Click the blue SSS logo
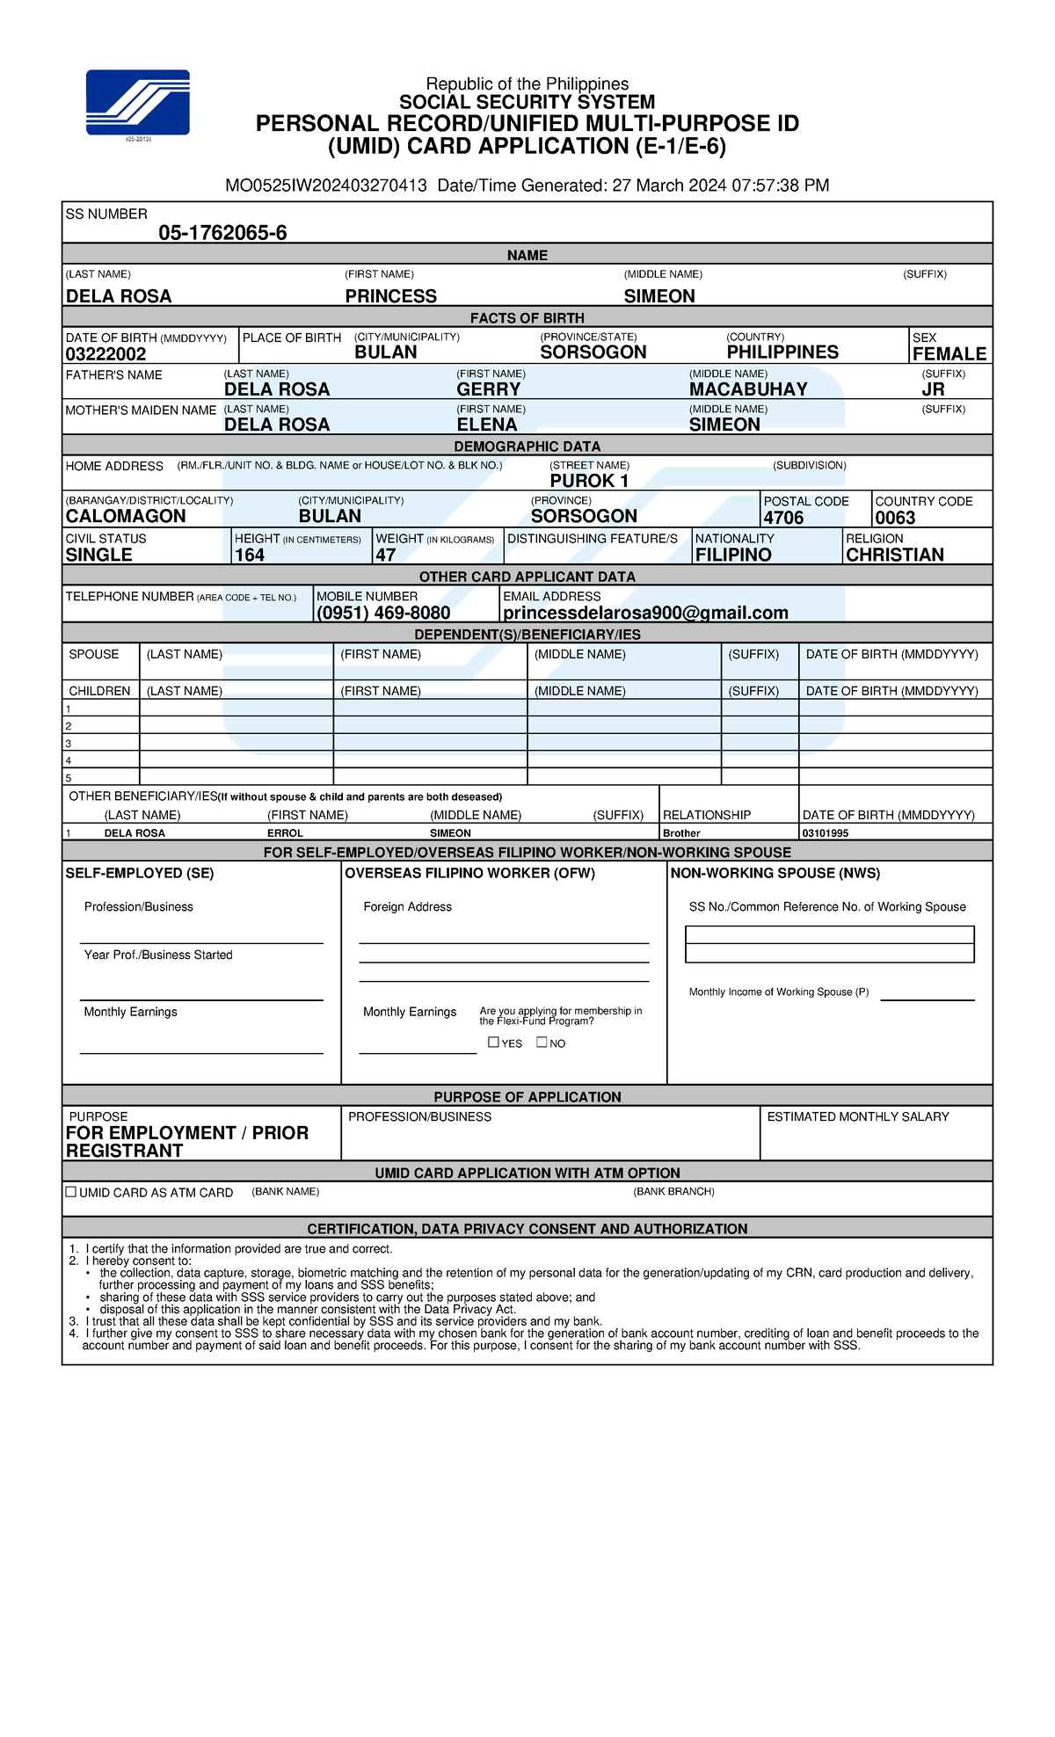(x=137, y=102)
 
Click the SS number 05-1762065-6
(x=222, y=233)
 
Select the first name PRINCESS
(x=390, y=296)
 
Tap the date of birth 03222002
(x=105, y=354)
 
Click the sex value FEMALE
(x=949, y=354)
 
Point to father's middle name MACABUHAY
(x=748, y=389)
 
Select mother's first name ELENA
(x=487, y=425)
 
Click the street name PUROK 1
(x=589, y=481)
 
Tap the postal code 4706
(x=783, y=518)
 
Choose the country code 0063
(x=895, y=518)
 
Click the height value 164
(x=250, y=555)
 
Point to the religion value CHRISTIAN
(x=894, y=555)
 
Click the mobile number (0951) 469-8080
(x=383, y=613)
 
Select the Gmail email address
(x=645, y=613)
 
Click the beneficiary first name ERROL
(x=285, y=833)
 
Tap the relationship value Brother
(x=681, y=833)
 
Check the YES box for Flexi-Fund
(x=494, y=1043)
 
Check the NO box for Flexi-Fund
(x=542, y=1043)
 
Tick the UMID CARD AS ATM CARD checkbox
(x=71, y=1192)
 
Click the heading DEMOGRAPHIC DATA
(x=527, y=447)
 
